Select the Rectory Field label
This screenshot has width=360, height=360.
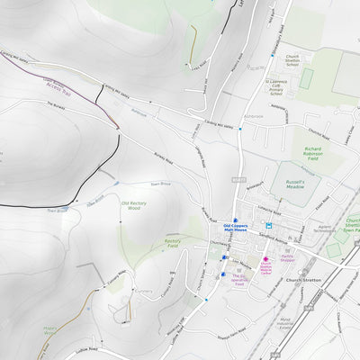[174, 242]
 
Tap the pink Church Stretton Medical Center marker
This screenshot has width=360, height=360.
[266, 258]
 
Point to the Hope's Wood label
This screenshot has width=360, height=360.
[49, 331]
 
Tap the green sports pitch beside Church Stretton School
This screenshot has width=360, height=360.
[306, 79]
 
